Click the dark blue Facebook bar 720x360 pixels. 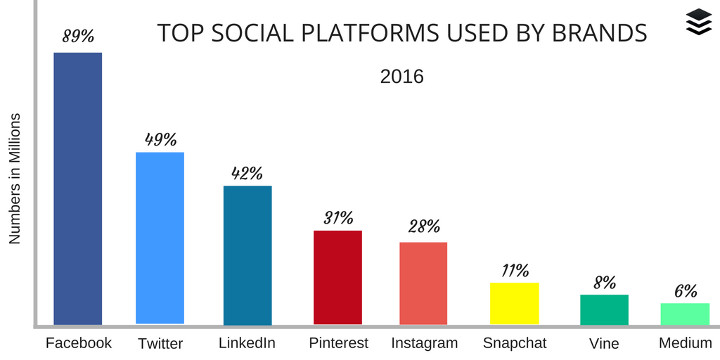(x=78, y=188)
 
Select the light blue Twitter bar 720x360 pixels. (x=160, y=238)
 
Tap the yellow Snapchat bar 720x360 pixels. (x=515, y=303)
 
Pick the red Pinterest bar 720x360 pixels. (x=337, y=277)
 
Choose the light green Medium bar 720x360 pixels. (x=685, y=314)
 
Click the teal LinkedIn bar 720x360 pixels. (x=247, y=255)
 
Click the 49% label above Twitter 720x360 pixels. (x=160, y=139)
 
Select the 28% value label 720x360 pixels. (x=424, y=226)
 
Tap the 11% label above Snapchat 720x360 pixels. (x=515, y=270)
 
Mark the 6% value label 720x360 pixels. (x=685, y=291)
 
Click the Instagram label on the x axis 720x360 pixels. (x=424, y=343)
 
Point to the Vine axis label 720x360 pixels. (x=604, y=343)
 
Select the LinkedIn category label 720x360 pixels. (x=247, y=343)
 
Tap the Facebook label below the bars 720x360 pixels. (x=79, y=343)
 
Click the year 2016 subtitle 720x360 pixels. (x=401, y=76)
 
